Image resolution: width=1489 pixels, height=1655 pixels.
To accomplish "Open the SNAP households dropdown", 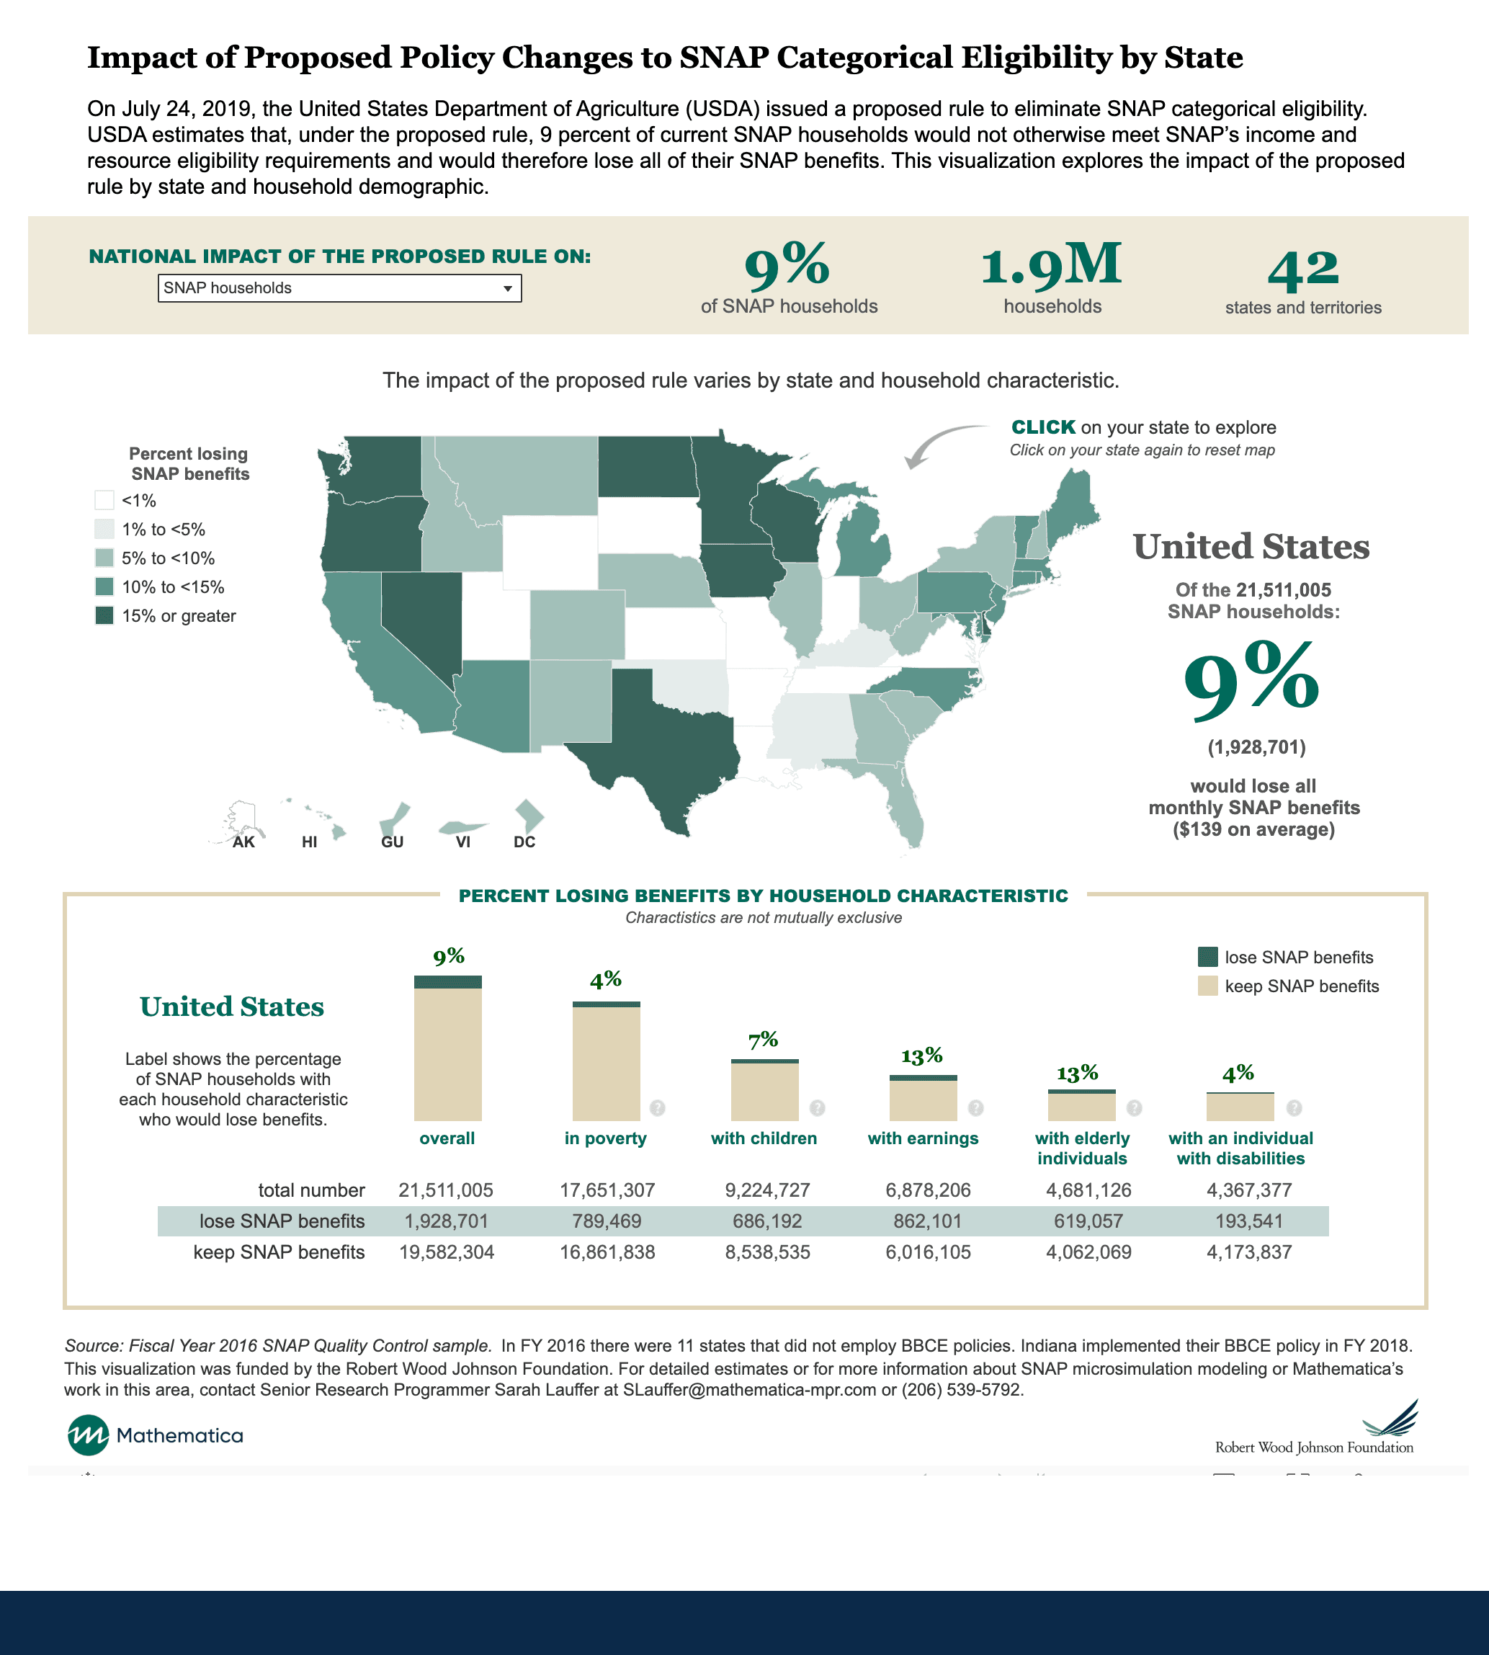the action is tap(339, 288).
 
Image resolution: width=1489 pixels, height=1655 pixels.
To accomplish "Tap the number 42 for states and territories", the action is tap(1303, 270).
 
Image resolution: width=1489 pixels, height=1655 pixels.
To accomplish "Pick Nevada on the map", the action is tap(417, 622).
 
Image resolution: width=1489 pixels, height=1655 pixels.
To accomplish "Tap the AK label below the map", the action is tap(243, 842).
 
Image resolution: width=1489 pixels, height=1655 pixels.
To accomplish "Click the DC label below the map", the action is tap(524, 842).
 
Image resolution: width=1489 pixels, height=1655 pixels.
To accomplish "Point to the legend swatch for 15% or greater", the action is tap(104, 615).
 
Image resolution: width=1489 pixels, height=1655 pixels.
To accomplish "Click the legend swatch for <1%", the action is tap(104, 500).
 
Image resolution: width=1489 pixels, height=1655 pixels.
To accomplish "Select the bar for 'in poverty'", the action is tap(607, 1061).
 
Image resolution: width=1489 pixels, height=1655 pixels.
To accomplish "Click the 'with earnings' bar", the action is tap(923, 1098).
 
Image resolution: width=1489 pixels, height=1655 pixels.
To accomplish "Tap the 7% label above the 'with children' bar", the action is tap(764, 1040).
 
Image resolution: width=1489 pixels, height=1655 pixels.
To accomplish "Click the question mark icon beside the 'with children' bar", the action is tap(818, 1107).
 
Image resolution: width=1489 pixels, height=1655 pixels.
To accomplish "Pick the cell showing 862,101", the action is tap(928, 1221).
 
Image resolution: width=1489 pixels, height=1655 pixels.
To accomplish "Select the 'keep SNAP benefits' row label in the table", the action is tap(279, 1252).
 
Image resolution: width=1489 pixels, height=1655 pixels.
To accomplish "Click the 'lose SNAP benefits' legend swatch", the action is tap(1207, 956).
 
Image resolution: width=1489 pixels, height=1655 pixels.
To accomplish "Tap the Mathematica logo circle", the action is tap(88, 1435).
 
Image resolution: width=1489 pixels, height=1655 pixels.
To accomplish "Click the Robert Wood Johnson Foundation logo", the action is tap(1315, 1427).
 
